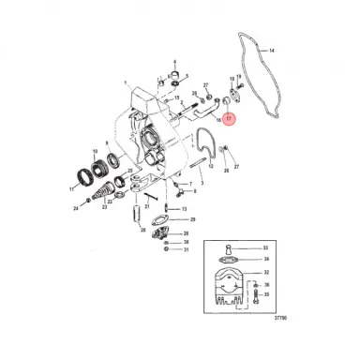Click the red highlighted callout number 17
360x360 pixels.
tap(230, 119)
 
